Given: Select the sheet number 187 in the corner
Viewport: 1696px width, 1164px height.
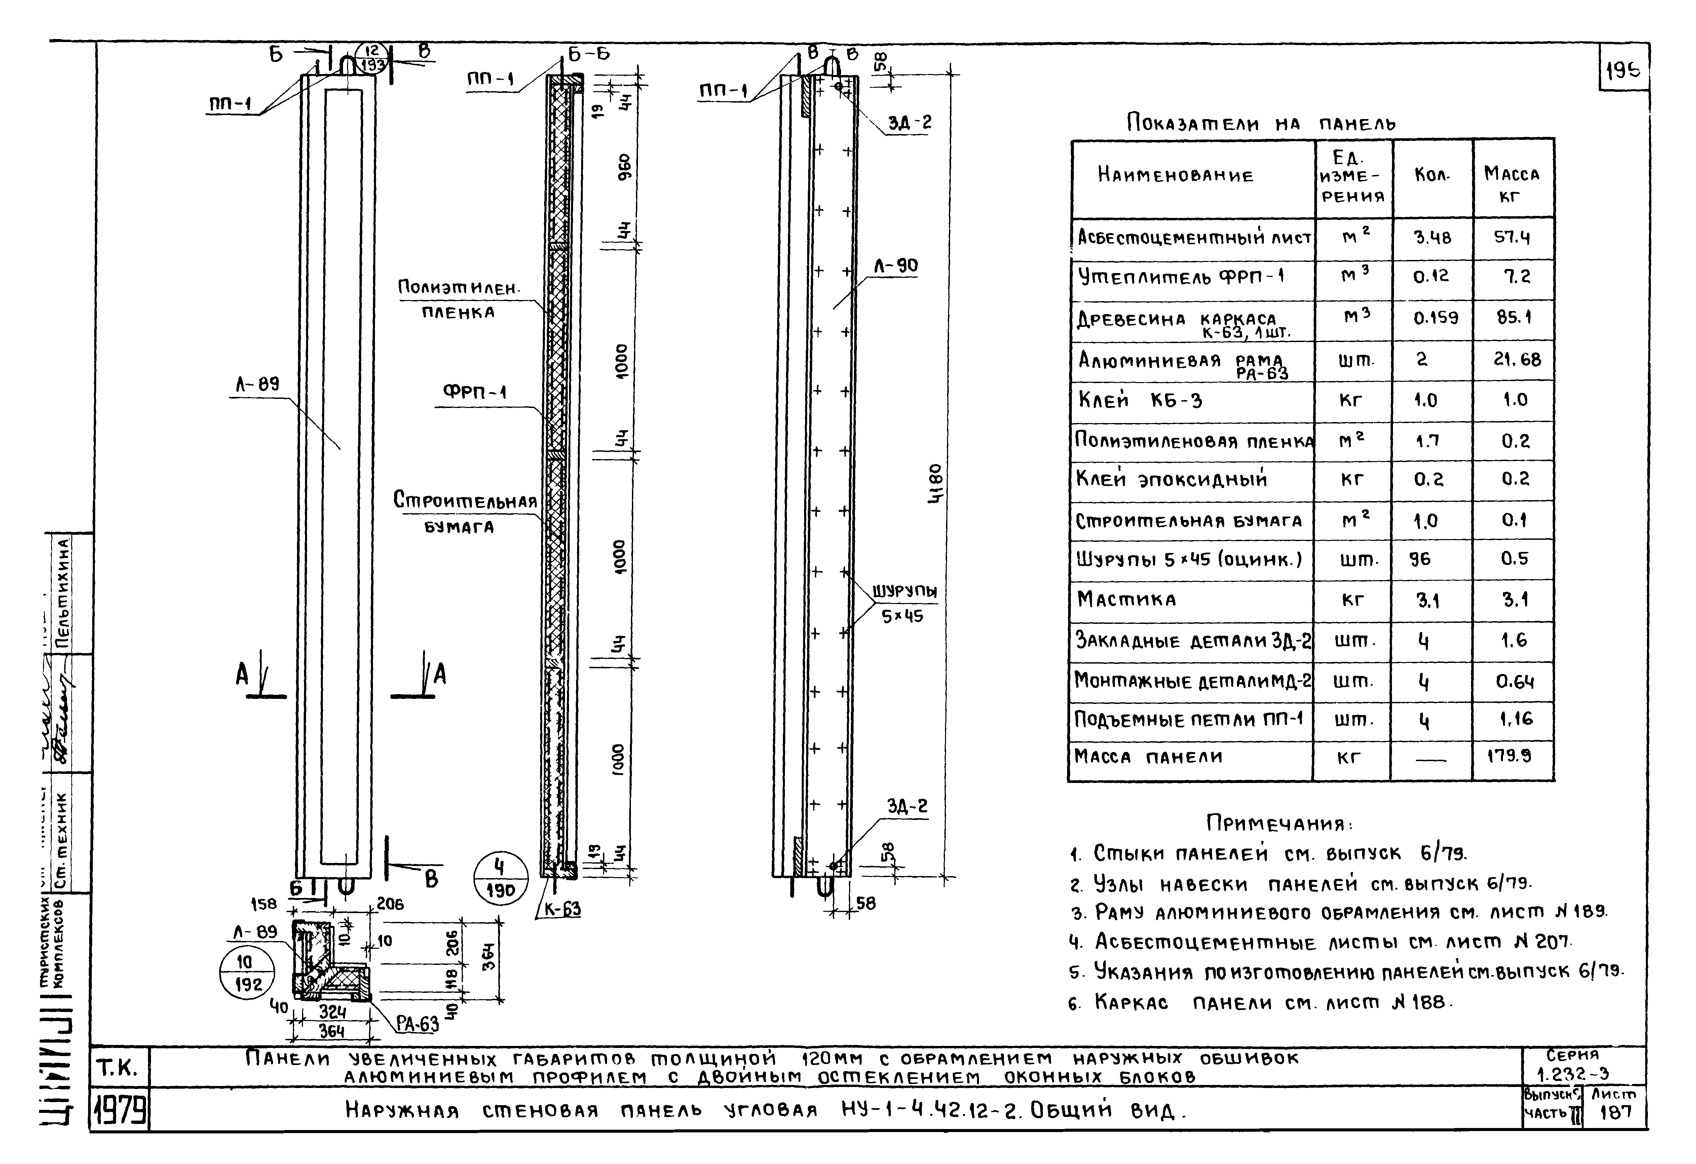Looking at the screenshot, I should coord(1615,1113).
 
